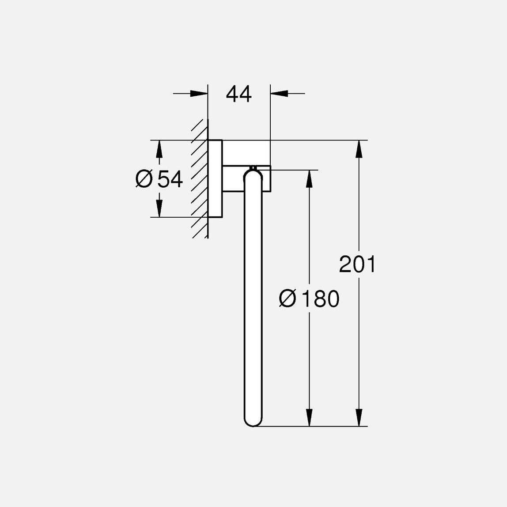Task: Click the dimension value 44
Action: (238, 94)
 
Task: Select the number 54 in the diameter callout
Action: (170, 179)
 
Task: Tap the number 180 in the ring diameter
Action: (321, 299)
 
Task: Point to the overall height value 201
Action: (357, 264)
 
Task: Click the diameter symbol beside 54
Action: (144, 179)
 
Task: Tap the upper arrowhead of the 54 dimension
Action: (159, 149)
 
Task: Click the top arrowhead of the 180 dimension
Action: (309, 178)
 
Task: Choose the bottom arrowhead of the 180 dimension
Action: (309, 418)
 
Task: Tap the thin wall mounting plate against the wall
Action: (215, 179)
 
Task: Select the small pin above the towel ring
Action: (253, 167)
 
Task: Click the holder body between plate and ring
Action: (245, 153)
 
